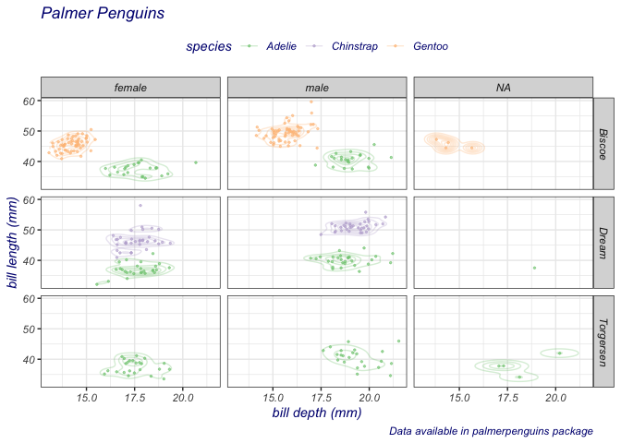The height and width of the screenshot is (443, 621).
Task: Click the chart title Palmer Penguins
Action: pyautogui.click(x=103, y=14)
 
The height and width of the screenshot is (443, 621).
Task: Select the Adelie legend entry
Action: pyautogui.click(x=281, y=46)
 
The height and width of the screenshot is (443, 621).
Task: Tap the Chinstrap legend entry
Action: pyautogui.click(x=354, y=46)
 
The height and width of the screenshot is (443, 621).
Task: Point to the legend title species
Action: pyautogui.click(x=208, y=47)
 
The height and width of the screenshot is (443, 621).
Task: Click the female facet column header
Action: pyautogui.click(x=130, y=88)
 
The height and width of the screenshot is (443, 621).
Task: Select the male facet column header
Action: pyautogui.click(x=317, y=88)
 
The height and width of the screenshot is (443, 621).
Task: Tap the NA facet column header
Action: pyautogui.click(x=504, y=88)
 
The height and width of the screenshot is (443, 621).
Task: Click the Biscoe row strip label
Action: pyautogui.click(x=603, y=144)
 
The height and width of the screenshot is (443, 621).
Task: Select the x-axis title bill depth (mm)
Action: pyautogui.click(x=316, y=413)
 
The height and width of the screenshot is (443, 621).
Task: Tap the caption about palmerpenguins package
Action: pyautogui.click(x=491, y=431)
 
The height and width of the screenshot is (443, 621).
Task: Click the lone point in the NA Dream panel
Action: pyautogui.click(x=534, y=268)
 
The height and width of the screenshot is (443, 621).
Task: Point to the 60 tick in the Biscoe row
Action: pyautogui.click(x=29, y=101)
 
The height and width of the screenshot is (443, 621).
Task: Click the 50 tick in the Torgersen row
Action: pyautogui.click(x=29, y=329)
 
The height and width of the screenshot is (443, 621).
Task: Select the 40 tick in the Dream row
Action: pyautogui.click(x=29, y=260)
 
